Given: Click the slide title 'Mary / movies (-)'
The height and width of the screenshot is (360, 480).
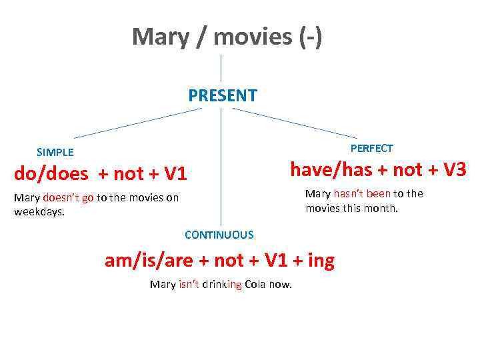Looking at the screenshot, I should [227, 37].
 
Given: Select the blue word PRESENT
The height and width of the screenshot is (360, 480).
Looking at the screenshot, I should [222, 95].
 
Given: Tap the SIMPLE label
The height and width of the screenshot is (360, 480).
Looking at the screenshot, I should [55, 152].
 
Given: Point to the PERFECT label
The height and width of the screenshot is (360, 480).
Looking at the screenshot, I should [371, 148].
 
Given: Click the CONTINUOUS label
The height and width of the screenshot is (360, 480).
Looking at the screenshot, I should [219, 235].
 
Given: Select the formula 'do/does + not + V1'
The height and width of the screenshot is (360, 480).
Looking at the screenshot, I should [101, 175].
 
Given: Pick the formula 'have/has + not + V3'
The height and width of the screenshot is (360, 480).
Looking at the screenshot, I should [378, 170].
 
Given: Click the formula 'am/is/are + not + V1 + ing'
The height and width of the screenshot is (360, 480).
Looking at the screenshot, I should [219, 261].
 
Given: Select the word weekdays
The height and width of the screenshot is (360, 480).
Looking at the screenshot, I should [39, 212].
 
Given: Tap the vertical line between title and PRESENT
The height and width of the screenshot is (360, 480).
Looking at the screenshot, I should [221, 68].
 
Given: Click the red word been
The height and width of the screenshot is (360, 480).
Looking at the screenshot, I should [379, 193].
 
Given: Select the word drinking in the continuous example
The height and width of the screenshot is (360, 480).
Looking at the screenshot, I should [223, 285].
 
